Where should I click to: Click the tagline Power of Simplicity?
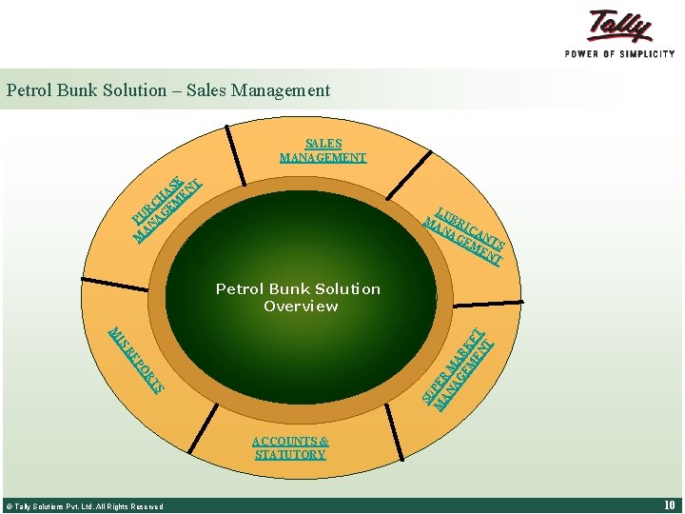619,53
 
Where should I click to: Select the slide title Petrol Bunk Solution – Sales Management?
168,90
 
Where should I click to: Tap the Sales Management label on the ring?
323,150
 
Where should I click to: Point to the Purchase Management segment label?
167,208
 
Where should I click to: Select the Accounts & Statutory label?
290,447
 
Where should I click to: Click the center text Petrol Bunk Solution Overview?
298,297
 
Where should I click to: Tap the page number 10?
668,505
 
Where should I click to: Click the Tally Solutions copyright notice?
85,506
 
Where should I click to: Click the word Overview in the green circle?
300,306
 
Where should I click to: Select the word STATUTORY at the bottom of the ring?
290,455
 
